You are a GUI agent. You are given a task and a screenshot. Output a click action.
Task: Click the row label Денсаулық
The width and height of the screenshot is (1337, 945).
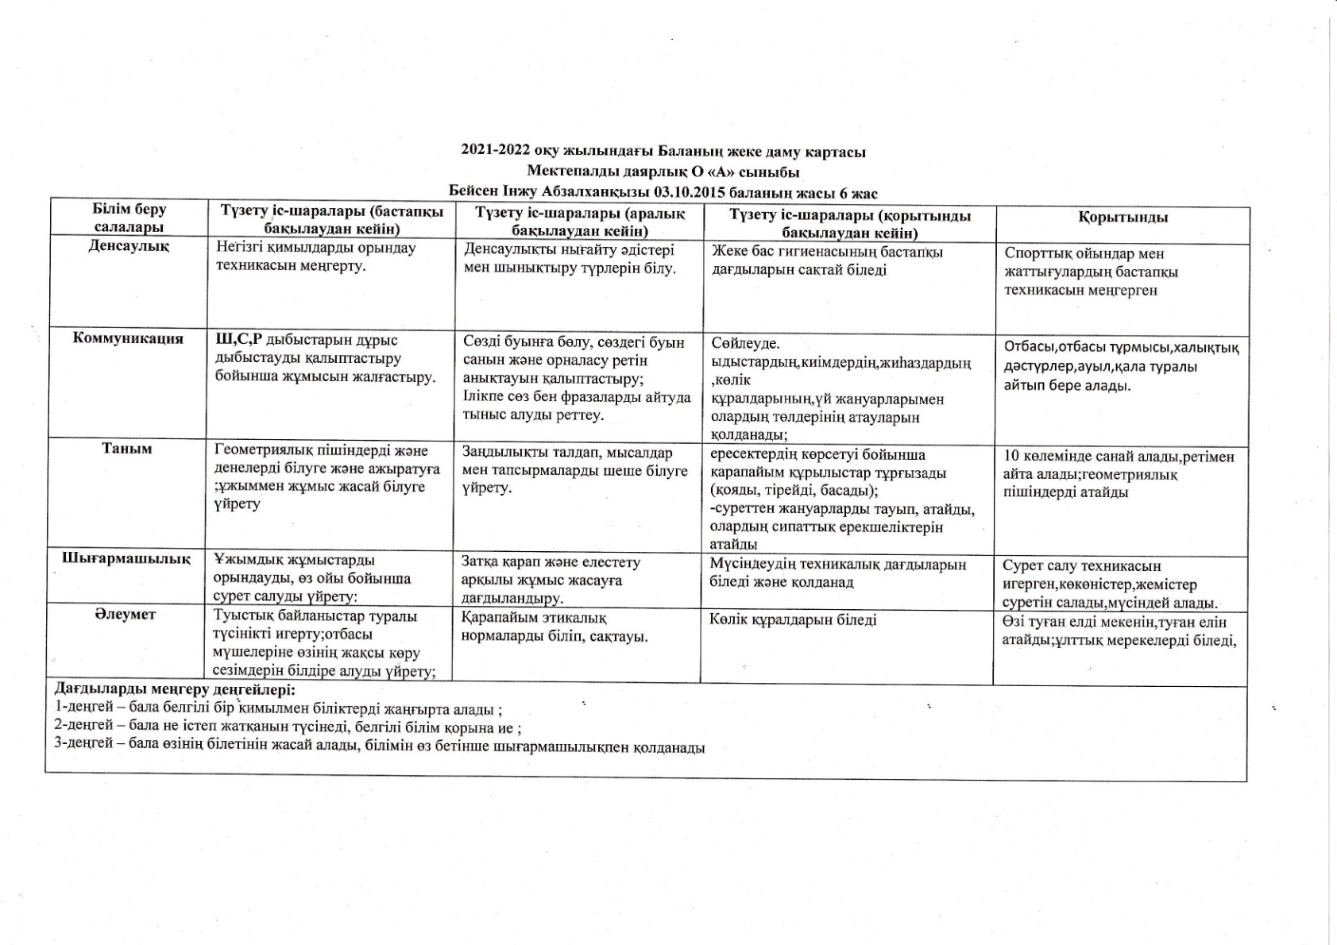pos(129,246)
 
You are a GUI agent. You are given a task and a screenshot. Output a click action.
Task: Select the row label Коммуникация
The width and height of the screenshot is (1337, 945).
pos(128,339)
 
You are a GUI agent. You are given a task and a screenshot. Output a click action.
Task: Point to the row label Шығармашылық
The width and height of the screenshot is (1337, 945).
pos(126,558)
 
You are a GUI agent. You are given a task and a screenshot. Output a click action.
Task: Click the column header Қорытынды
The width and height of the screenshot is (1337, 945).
pos(1123,218)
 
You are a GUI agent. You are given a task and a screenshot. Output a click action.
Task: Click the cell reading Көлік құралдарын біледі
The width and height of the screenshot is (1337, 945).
pos(793,619)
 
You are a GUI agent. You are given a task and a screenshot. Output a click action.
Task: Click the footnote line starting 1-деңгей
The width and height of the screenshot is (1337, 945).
pos(278,708)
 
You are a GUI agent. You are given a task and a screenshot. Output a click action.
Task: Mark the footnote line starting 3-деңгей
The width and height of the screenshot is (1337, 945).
pos(379,746)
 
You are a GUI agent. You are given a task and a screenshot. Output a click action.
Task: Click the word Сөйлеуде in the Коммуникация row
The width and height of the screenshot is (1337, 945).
pos(746,345)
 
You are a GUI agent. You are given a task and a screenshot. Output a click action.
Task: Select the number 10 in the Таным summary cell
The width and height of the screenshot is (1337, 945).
pos(1010,457)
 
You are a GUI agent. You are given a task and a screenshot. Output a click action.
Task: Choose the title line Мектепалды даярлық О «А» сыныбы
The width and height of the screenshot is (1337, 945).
pos(663,172)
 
